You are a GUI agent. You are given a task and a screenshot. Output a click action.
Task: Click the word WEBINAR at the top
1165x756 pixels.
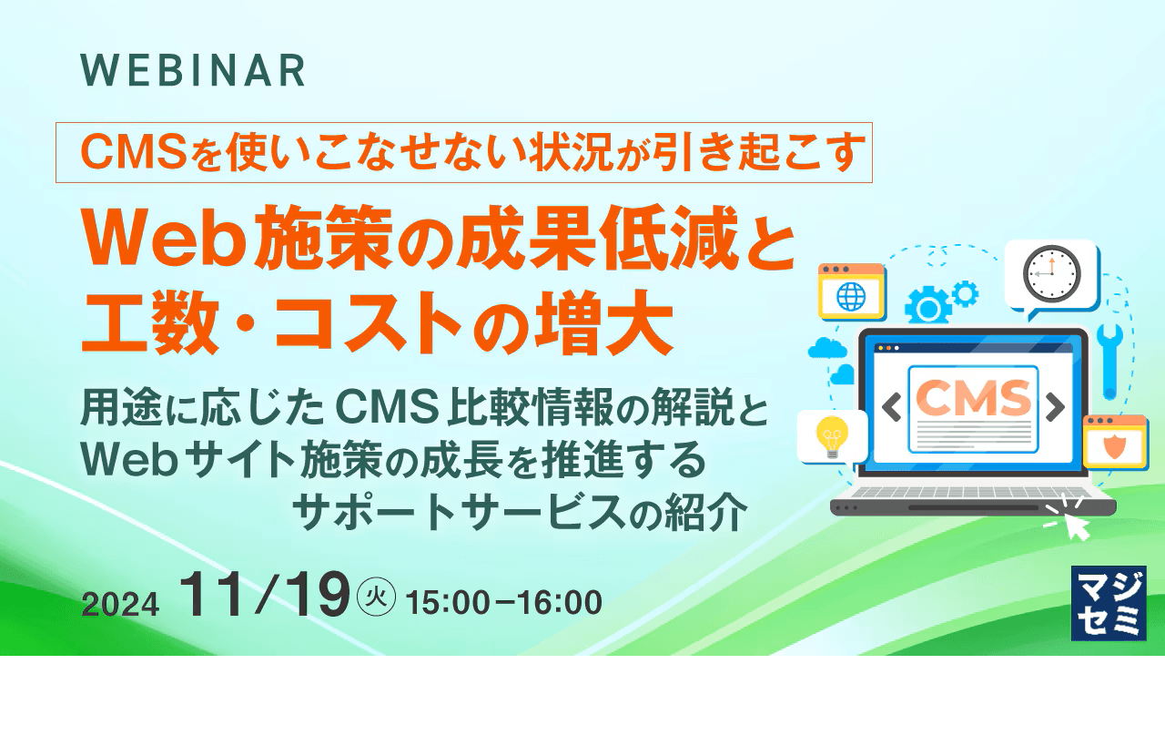click(193, 70)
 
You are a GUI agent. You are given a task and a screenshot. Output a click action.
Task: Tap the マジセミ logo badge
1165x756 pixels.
click(1109, 603)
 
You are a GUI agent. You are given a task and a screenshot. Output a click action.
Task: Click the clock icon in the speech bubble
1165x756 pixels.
click(1051, 274)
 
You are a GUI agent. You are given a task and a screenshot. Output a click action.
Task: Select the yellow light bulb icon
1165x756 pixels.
click(832, 437)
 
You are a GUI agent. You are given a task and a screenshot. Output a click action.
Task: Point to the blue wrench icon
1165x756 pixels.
click(1109, 362)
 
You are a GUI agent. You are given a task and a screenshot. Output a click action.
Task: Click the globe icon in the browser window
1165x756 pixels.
click(851, 297)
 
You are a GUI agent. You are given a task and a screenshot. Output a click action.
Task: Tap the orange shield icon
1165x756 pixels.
click(1115, 447)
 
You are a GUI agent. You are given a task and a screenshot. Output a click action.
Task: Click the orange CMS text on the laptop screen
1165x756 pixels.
click(974, 397)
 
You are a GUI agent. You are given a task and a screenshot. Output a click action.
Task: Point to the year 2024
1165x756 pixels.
click(120, 605)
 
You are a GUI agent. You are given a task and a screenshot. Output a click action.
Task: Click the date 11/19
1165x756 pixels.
click(264, 595)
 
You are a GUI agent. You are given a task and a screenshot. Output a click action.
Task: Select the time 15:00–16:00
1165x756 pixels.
click(503, 602)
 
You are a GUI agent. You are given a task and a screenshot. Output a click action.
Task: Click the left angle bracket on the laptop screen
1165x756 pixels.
click(891, 407)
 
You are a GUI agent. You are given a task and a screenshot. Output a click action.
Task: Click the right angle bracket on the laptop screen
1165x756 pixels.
click(1055, 407)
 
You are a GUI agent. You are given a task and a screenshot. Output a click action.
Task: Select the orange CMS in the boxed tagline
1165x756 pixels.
click(132, 152)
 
